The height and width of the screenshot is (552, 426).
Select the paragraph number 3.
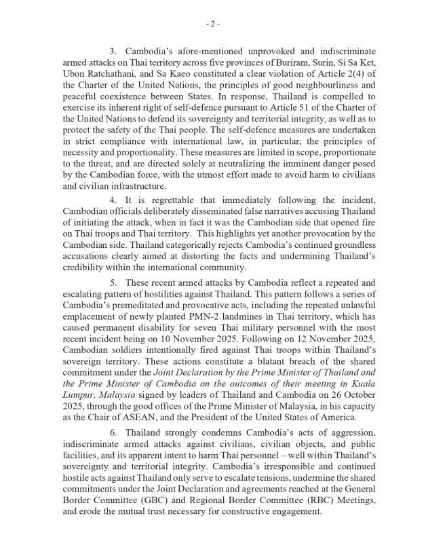113,52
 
